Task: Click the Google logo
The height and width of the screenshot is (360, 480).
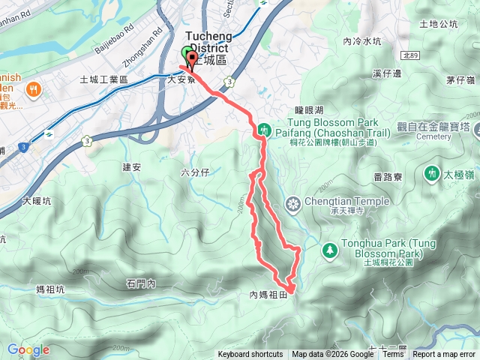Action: pyautogui.click(x=28, y=349)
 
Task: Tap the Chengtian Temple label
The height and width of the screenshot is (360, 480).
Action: pyautogui.click(x=346, y=201)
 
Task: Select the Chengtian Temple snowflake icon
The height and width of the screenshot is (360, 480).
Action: pyautogui.click(x=293, y=204)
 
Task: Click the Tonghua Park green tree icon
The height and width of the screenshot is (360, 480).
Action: pyautogui.click(x=328, y=248)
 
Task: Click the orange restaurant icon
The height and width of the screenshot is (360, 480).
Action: pyautogui.click(x=33, y=90)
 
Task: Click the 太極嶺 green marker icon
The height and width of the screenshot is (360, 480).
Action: pyautogui.click(x=431, y=173)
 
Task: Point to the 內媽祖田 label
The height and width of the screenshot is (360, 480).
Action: pyautogui.click(x=268, y=295)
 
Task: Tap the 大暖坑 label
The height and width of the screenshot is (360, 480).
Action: pyautogui.click(x=37, y=201)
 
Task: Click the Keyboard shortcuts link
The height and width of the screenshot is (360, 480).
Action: pyautogui.click(x=250, y=355)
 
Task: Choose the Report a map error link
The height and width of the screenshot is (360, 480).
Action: pyautogui.click(x=445, y=355)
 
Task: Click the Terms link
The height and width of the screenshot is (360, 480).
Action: pyautogui.click(x=392, y=355)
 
